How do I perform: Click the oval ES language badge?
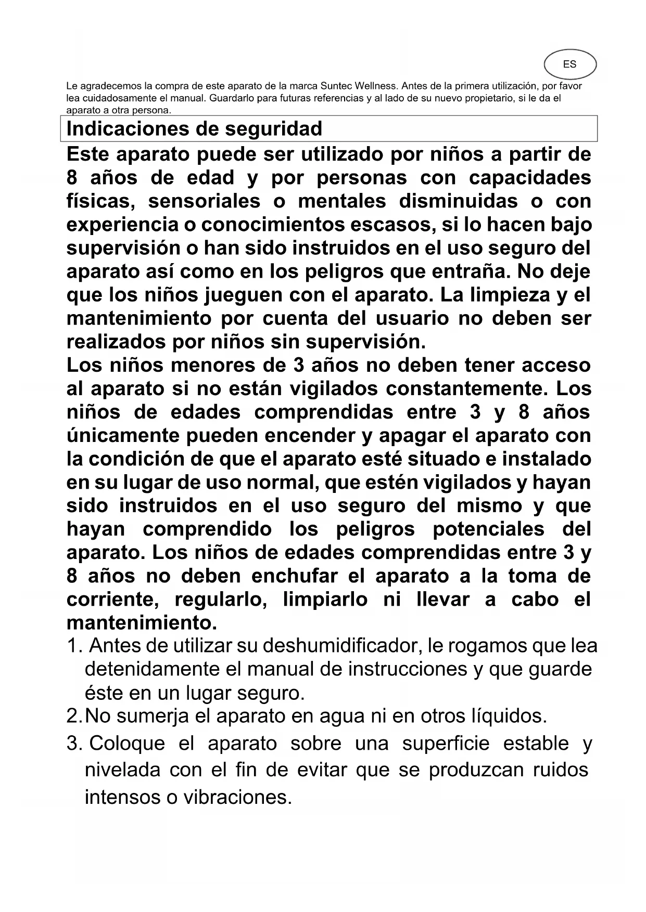click(x=569, y=64)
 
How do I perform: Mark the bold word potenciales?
click(x=488, y=529)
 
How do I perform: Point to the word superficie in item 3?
click(x=446, y=744)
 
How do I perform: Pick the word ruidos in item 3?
click(x=561, y=770)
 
